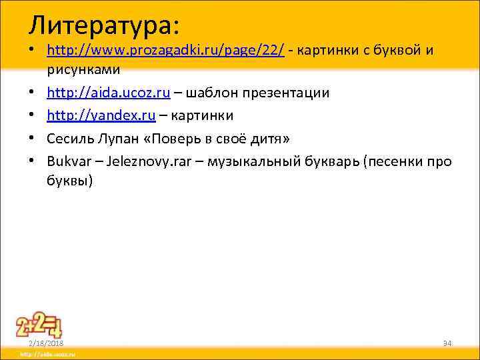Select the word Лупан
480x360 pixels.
coord(118,138)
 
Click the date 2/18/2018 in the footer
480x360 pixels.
coord(45,343)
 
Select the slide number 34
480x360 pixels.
coord(447,343)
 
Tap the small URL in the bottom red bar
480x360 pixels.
coord(47,355)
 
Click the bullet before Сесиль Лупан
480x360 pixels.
coord(32,138)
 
